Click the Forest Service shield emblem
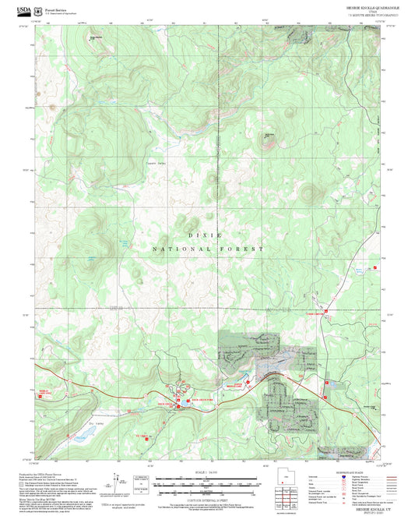tap(40, 11)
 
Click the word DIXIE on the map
tap(205, 235)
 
